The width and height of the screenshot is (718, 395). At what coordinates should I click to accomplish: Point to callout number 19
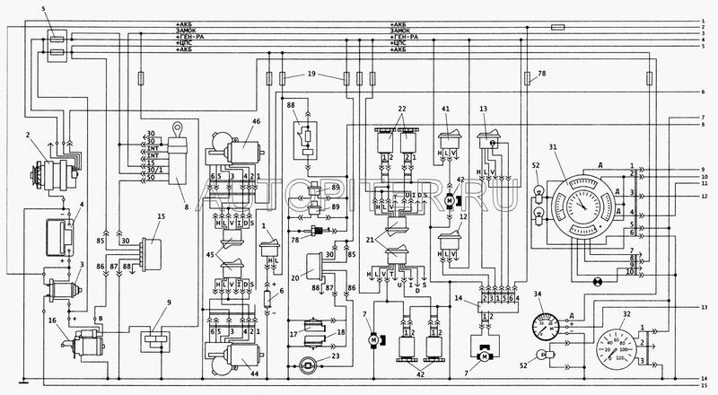(311, 73)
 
